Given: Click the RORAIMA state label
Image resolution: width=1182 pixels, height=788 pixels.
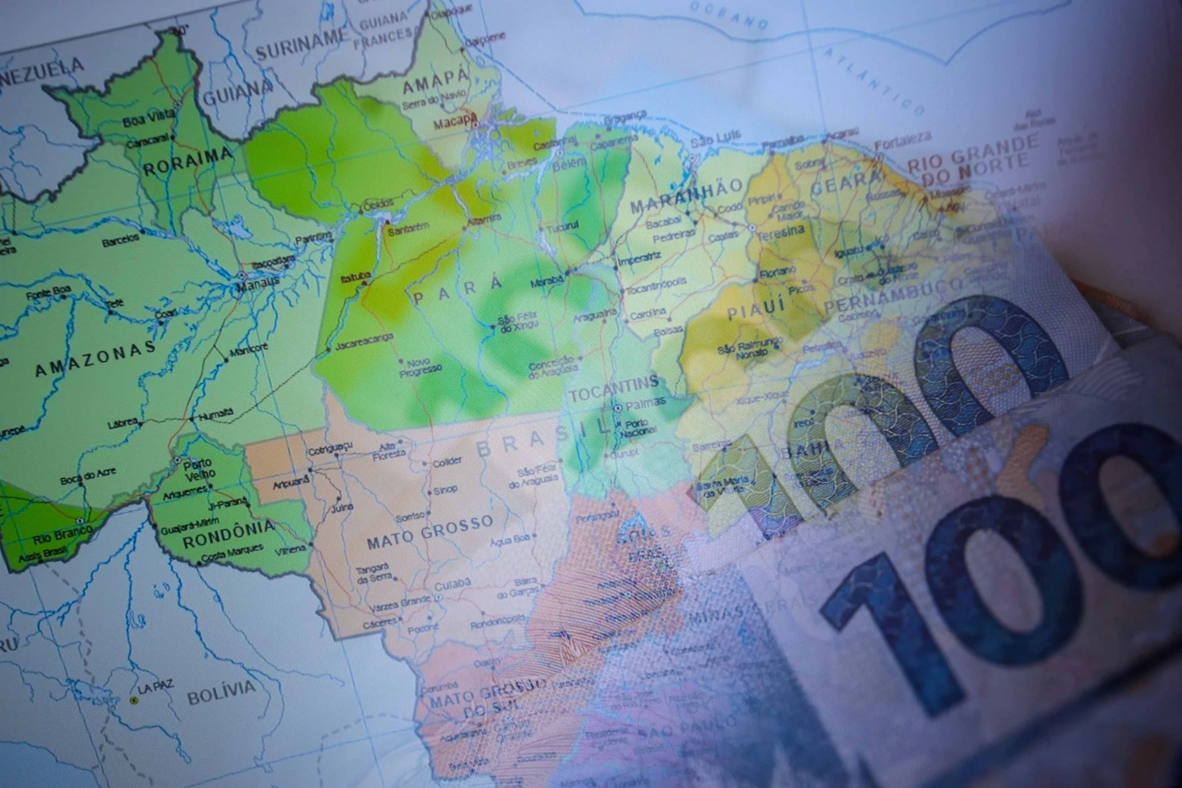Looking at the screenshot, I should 188,162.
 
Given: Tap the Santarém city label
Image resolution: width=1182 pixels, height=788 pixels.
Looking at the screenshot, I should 408,229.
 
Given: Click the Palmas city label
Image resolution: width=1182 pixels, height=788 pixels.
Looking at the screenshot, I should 646,403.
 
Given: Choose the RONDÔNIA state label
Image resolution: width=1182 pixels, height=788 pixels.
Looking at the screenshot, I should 228,535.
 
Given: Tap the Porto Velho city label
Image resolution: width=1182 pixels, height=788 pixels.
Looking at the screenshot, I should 199,469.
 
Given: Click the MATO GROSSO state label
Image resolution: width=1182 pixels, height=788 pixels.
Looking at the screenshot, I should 430,532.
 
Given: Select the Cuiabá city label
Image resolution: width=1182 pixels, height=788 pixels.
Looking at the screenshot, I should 452,585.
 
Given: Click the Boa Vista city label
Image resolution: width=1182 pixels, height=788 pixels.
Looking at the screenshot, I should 148,119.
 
